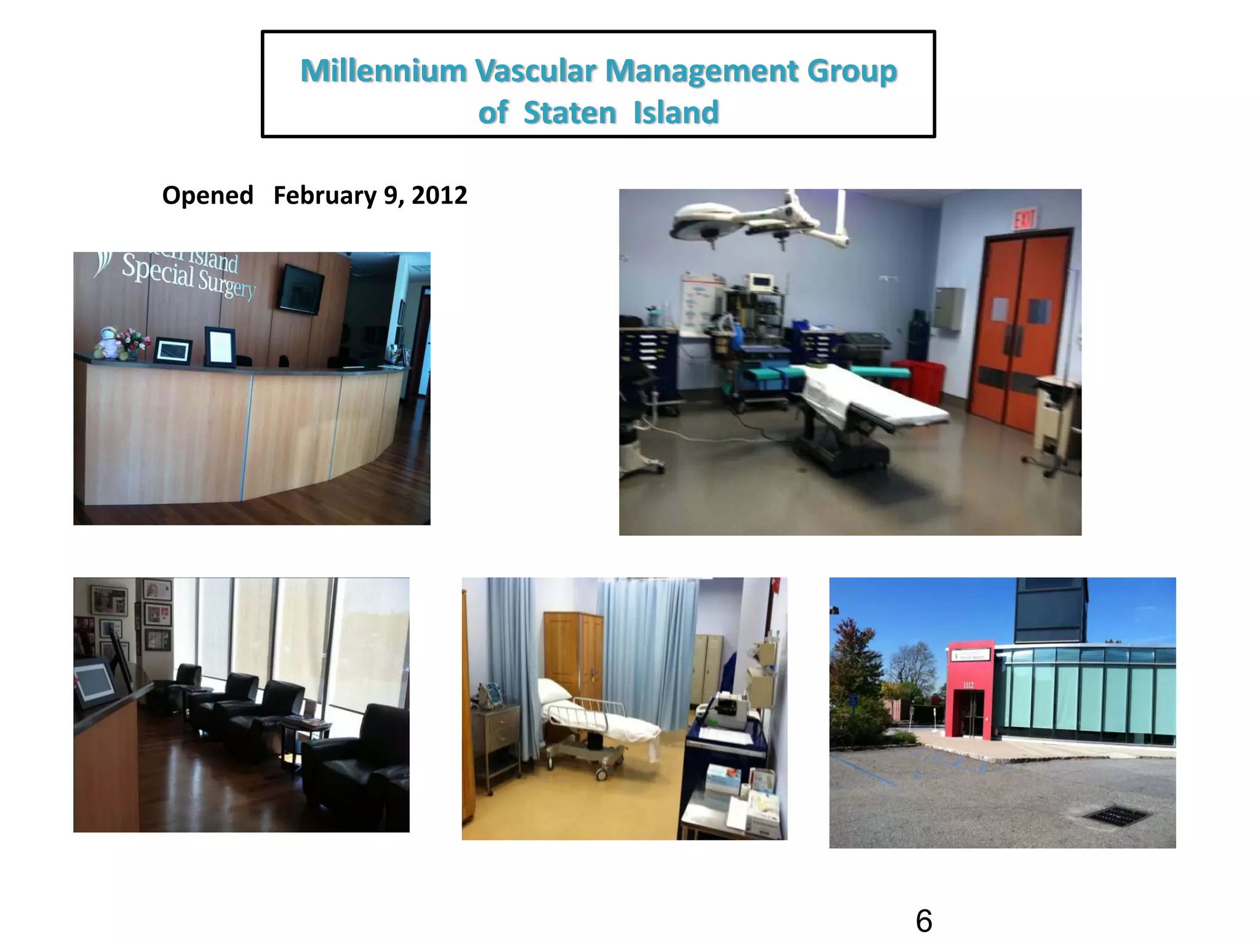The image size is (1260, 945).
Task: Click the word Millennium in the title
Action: coord(383,71)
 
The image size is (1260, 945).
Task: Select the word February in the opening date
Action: coord(325,196)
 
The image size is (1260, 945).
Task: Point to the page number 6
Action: coord(923,922)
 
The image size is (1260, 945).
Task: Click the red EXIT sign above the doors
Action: coord(1024,218)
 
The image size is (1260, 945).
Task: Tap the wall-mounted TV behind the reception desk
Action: coord(301,288)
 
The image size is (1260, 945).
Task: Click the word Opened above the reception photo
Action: coord(207,196)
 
